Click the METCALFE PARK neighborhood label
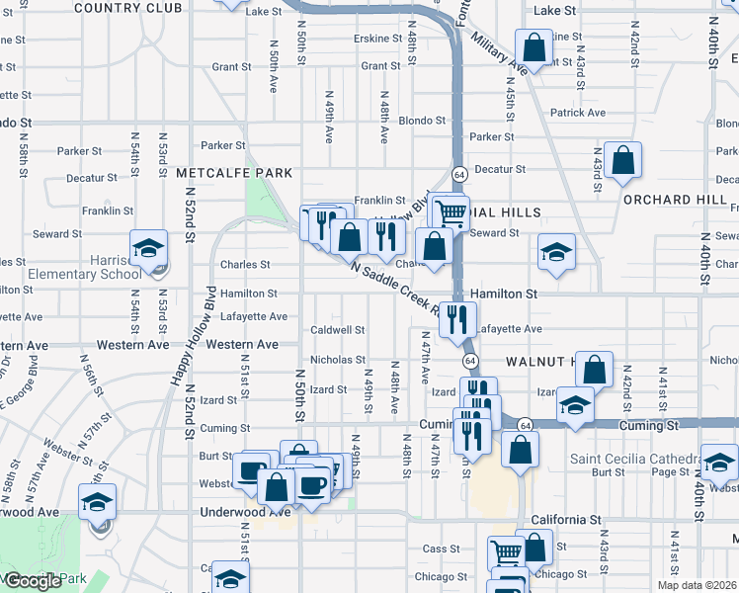234,173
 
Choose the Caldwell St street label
338,329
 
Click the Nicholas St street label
338,360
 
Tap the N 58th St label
23,148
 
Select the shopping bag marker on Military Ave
534,47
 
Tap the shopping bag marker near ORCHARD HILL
623,160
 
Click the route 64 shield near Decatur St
459,174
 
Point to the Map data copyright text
697,585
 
